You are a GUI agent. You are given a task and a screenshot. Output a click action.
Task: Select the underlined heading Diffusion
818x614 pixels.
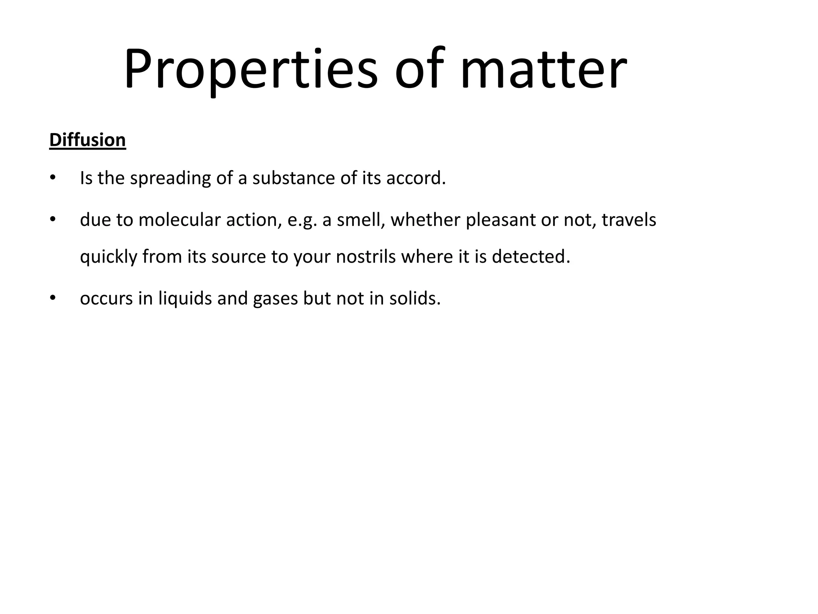pos(87,140)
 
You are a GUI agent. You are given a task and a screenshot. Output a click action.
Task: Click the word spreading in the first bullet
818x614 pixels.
pos(171,178)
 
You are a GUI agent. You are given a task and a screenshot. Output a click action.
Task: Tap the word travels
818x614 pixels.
pos(629,220)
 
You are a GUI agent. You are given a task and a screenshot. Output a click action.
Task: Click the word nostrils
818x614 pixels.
pos(366,257)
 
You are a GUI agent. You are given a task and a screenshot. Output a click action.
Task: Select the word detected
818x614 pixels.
pos(531,257)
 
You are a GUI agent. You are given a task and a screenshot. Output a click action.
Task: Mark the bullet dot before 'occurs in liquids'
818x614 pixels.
pos(52,298)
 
